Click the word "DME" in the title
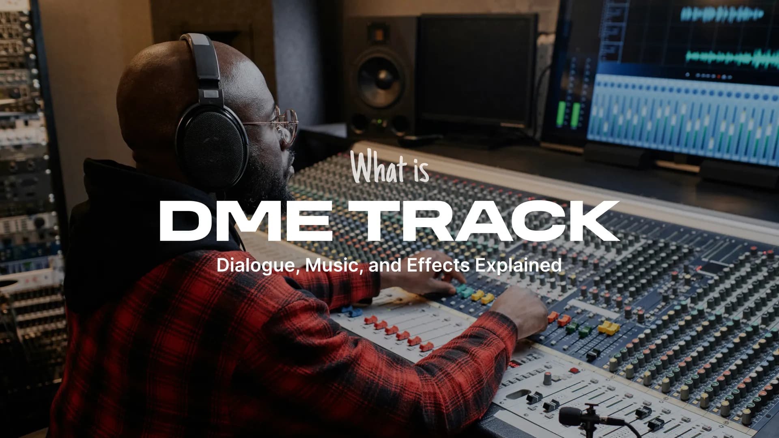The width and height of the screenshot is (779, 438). point(245,221)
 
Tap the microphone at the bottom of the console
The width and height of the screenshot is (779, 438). point(576,416)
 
